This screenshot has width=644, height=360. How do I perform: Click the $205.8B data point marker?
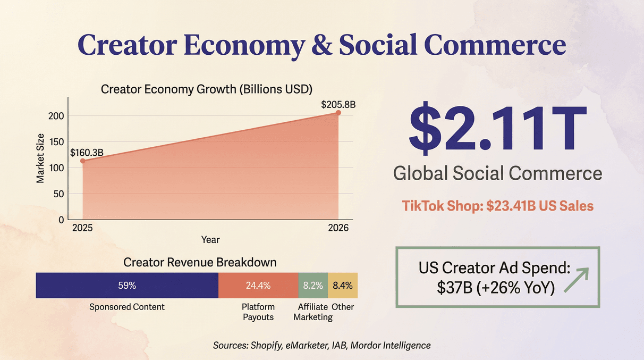pyautogui.click(x=338, y=113)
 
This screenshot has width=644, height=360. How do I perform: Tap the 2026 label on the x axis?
pyautogui.click(x=338, y=228)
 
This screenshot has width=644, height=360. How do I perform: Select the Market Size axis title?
pyautogui.click(x=40, y=159)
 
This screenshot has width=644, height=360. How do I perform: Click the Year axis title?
pyautogui.click(x=210, y=240)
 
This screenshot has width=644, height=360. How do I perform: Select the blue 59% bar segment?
pyautogui.click(x=127, y=286)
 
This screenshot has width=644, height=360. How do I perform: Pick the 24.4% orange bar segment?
pyautogui.click(x=258, y=286)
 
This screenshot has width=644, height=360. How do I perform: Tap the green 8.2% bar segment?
pyautogui.click(x=313, y=286)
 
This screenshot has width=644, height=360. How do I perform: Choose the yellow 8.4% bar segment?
pyautogui.click(x=343, y=286)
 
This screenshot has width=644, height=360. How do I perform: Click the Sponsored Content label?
pyautogui.click(x=127, y=307)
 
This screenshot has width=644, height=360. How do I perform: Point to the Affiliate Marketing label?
pyautogui.click(x=313, y=312)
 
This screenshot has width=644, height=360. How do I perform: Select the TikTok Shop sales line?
pyautogui.click(x=497, y=206)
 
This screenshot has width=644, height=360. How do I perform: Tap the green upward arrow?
pyautogui.click(x=577, y=280)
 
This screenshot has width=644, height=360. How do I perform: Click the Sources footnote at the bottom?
pyautogui.click(x=321, y=345)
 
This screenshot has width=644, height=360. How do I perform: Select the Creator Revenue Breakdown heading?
pyautogui.click(x=200, y=262)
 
